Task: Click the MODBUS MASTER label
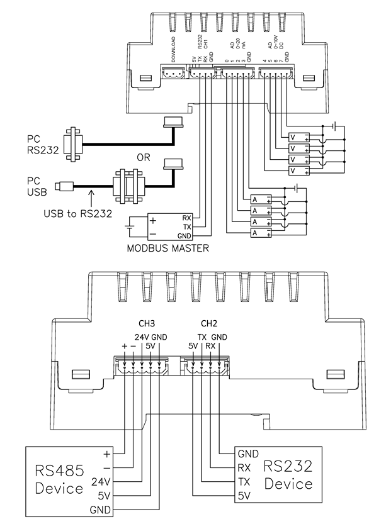coord(167,248)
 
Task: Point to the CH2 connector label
coord(208,323)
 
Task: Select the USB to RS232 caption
coord(79,213)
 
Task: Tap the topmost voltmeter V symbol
coord(293,138)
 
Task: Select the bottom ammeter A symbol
coord(256,233)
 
